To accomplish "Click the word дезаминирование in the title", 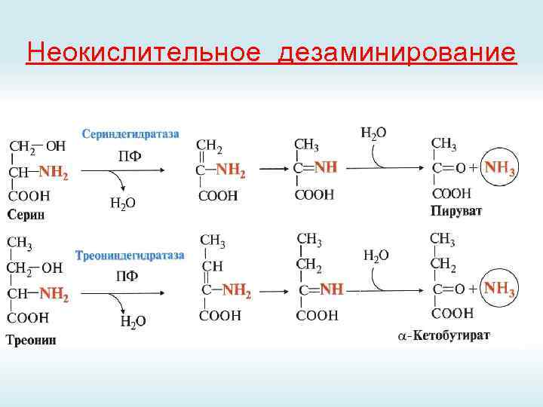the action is pyautogui.click(x=397, y=54).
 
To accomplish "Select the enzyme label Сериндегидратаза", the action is pyautogui.click(x=131, y=133).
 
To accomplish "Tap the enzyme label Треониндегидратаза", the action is pyautogui.click(x=130, y=256).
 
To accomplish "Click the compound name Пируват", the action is pyautogui.click(x=456, y=210).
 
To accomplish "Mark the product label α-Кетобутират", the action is pyautogui.click(x=443, y=335).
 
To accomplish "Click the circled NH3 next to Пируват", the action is pyautogui.click(x=500, y=167).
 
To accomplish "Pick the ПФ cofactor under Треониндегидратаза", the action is pyautogui.click(x=127, y=276).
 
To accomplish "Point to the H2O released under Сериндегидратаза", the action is pyautogui.click(x=123, y=202).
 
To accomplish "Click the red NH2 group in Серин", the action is pyautogui.click(x=54, y=173).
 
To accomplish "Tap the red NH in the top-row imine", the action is pyautogui.click(x=327, y=167).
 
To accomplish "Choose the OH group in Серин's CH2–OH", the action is pyautogui.click(x=55, y=145).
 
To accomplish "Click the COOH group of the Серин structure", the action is pyautogui.click(x=29, y=196).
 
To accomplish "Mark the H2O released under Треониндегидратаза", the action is pyautogui.click(x=133, y=322).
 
